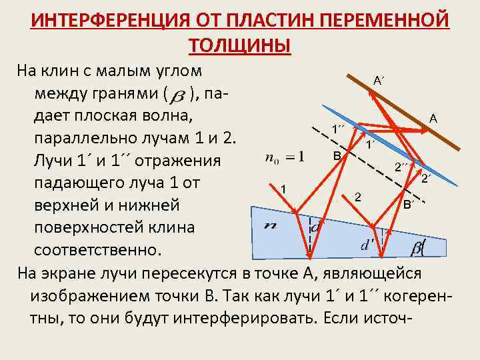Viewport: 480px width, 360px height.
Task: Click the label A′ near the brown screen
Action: (x=378, y=81)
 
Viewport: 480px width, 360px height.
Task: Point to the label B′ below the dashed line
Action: (x=408, y=204)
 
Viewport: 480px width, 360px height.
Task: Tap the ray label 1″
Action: (x=339, y=128)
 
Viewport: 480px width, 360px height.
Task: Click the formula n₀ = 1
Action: (x=284, y=157)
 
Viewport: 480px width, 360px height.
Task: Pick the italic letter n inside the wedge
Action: (x=271, y=225)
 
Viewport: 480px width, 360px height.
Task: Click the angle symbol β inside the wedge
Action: (x=417, y=248)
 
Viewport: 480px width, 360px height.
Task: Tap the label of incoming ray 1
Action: (x=284, y=188)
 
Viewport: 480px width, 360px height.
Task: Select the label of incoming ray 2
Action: (x=358, y=197)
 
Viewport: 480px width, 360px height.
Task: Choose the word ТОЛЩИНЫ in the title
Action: (x=240, y=45)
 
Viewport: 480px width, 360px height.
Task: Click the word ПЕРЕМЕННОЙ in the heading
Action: (x=386, y=21)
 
